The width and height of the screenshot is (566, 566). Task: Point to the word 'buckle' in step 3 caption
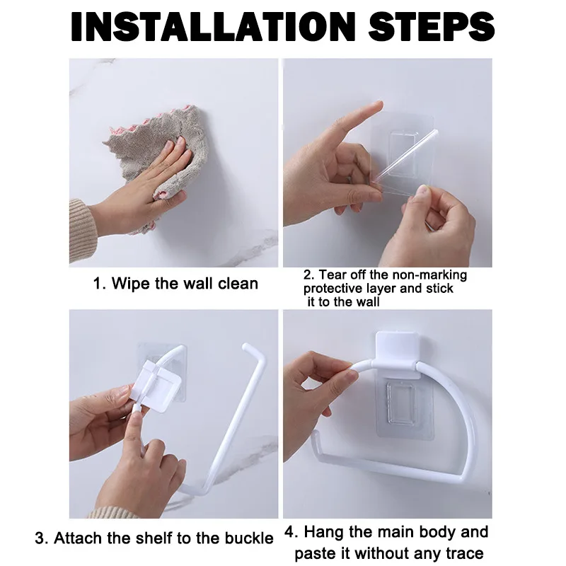click(x=249, y=538)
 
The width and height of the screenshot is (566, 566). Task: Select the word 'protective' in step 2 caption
click(x=335, y=289)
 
